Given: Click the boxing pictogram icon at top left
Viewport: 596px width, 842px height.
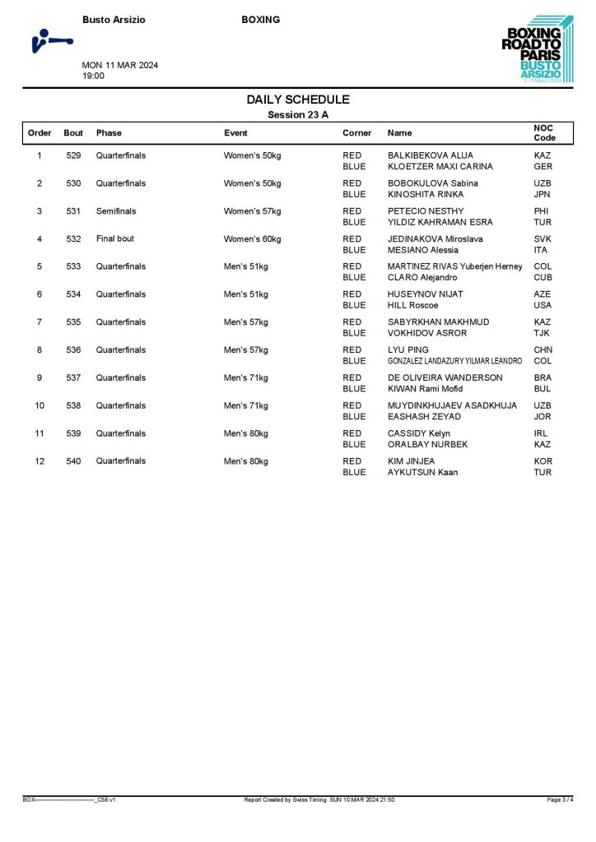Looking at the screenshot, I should coord(50,40).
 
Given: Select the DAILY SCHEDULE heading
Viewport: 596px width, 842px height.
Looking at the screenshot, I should coord(298,99).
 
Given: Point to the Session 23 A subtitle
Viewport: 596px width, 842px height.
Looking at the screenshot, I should coord(298,115).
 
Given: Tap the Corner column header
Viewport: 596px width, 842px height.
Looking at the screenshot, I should coord(356,132).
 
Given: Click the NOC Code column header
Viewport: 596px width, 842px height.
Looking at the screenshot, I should coord(544,132).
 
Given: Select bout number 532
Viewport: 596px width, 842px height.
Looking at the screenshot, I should coord(73,238).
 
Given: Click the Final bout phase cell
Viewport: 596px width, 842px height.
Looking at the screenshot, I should coord(114,238).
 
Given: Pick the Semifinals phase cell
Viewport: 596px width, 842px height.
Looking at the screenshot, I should coord(116,211).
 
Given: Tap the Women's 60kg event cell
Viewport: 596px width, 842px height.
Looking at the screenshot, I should coord(252,239).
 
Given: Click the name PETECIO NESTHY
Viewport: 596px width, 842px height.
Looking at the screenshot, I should coord(426,211).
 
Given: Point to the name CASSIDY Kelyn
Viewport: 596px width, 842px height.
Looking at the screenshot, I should coord(419,433).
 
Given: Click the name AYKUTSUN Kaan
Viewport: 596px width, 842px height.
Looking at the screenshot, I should coord(422,472).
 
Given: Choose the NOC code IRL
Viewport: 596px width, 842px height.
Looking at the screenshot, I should coord(541,433).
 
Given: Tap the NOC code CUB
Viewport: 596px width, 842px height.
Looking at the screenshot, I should coord(542,277).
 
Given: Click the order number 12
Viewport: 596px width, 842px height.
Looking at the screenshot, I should coord(40,461).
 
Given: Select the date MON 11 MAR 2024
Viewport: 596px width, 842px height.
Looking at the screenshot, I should coord(120,66).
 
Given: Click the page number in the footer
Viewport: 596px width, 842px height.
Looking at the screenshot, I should coord(560,799).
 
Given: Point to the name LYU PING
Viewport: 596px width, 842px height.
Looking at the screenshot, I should coord(408,349).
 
